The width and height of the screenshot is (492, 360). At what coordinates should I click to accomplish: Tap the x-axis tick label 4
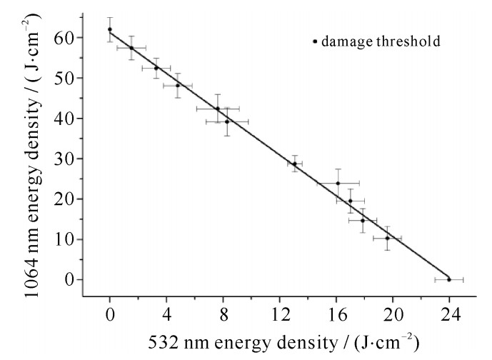166,311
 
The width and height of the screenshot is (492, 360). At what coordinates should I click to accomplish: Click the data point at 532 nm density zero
110,29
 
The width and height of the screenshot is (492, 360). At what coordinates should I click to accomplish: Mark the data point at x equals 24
448,279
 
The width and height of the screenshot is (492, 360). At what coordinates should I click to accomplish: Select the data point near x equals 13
294,164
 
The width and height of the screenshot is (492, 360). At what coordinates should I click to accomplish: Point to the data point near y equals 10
387,238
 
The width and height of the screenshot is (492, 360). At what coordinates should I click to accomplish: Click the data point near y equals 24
338,183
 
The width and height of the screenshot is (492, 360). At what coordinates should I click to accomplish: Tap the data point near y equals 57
131,48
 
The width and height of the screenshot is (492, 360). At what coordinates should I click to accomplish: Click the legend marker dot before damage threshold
315,41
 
